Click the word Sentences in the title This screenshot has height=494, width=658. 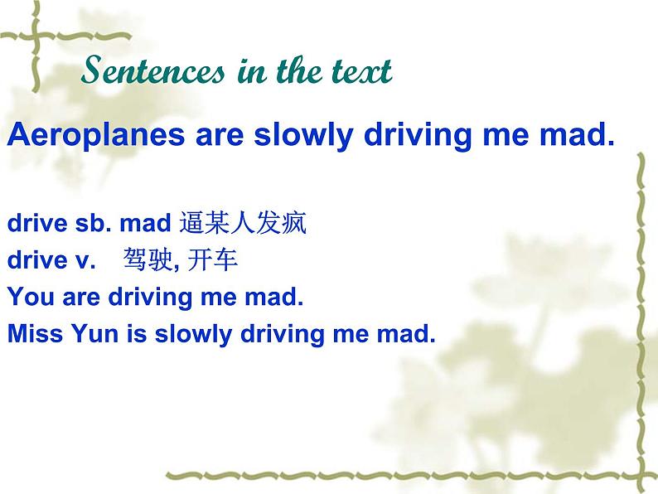click(153, 72)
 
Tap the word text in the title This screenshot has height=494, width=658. click(358, 73)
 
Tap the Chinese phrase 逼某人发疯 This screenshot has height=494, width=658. click(243, 223)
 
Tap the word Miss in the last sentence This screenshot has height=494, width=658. click(31, 334)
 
